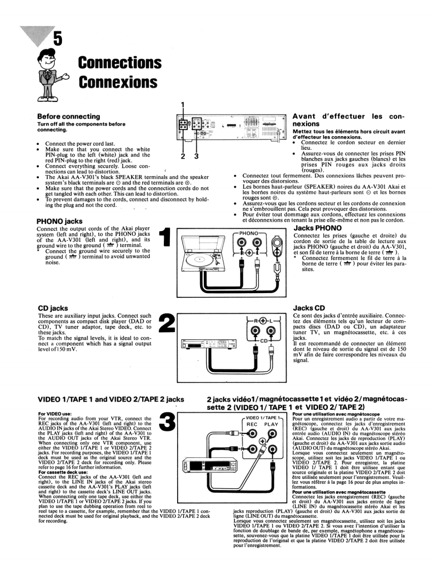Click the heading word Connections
coord(120,63)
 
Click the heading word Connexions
coord(117,83)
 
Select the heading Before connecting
coord(69,117)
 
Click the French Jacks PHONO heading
coord(317,227)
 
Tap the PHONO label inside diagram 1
coord(249,233)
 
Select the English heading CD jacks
coord(53,308)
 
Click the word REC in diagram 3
coord(252,424)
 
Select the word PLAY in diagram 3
coord(271,424)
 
